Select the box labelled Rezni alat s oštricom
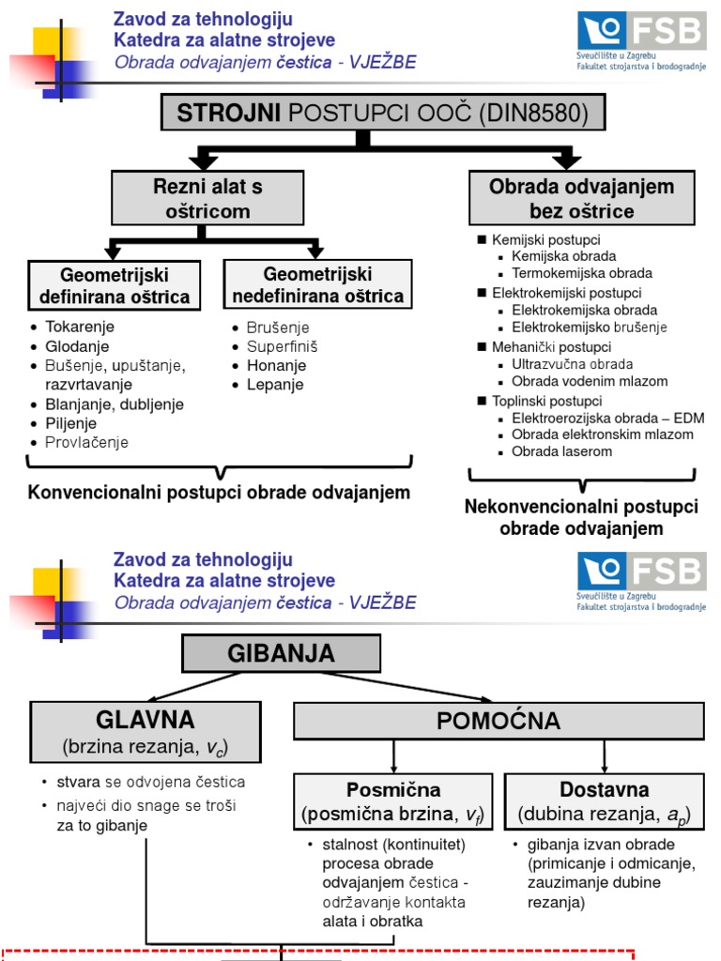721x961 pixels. point(207,198)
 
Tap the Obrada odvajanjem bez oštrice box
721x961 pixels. point(581,198)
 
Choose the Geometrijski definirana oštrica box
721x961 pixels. point(115,285)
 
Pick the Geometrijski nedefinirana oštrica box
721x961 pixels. point(317,285)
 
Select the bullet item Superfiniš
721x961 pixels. point(282,346)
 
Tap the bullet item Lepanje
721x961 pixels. point(275,385)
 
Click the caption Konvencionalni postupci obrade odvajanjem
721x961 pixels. point(219,493)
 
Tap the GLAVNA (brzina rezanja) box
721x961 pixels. point(146,732)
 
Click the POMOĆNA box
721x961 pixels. point(499,721)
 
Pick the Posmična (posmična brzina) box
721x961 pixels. point(393,801)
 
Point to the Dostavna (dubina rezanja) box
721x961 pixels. point(605,801)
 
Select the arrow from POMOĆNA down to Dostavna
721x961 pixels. point(604,755)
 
